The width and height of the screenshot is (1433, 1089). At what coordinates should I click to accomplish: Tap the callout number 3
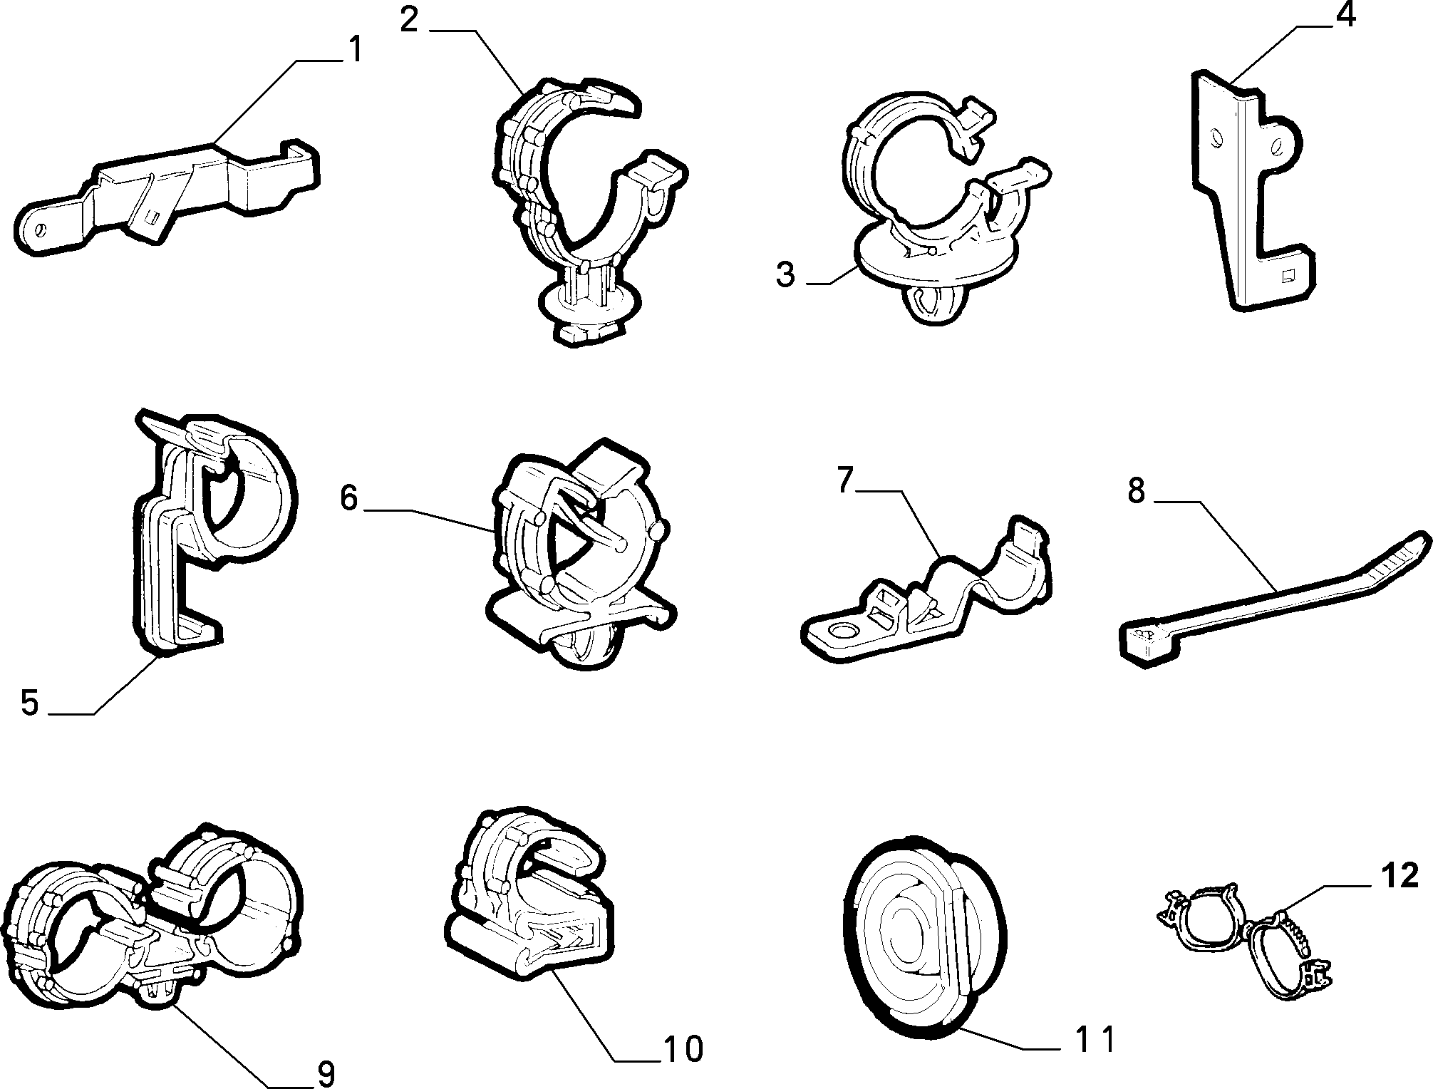click(x=785, y=274)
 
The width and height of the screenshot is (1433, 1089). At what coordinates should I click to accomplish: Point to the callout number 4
click(x=1345, y=14)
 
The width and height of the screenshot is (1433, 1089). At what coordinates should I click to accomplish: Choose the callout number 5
click(x=29, y=702)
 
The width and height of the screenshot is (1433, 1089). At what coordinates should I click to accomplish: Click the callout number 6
click(x=348, y=497)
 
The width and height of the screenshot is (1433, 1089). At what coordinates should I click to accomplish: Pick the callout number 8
click(x=1136, y=492)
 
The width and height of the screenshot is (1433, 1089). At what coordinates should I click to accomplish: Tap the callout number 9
click(x=324, y=1073)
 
